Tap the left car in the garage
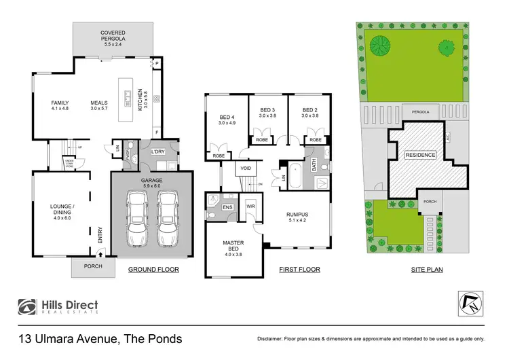tap(136, 219)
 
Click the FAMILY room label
tap(60, 106)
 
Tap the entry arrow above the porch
tap(100, 253)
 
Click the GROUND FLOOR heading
tap(153, 270)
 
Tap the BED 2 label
tap(310, 112)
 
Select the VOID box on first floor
tap(244, 167)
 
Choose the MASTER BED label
tap(232, 246)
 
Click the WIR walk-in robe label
tap(250, 205)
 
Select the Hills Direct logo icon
tap(28, 307)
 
